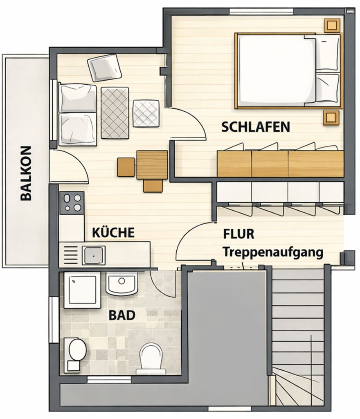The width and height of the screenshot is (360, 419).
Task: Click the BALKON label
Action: [x=25, y=173]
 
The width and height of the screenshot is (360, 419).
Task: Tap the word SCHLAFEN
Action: [x=256, y=127]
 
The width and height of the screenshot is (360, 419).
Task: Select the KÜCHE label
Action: [x=113, y=233]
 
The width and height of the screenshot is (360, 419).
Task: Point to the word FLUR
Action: [x=239, y=234]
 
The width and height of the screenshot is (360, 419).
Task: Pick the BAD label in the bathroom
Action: [x=122, y=315]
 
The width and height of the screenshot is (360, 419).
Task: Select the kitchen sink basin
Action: [x=94, y=255]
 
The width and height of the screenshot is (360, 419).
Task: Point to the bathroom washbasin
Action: [x=122, y=284]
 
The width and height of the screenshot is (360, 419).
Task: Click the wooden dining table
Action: [x=152, y=164]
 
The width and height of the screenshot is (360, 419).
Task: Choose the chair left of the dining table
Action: [x=126, y=167]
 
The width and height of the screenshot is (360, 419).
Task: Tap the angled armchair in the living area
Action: [x=105, y=68]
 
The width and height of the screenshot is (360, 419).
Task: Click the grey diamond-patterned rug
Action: [x=115, y=113]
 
